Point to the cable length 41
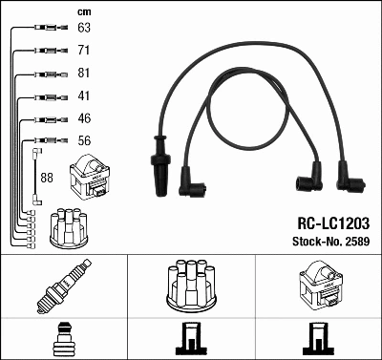(83, 96)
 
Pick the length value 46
(83, 119)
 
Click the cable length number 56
(83, 141)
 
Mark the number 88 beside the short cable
(46, 178)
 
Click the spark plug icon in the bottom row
(63, 289)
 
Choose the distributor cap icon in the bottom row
(190, 288)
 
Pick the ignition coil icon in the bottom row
(317, 287)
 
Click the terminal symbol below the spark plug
(63, 338)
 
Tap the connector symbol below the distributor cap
(190, 338)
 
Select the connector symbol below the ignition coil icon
(317, 338)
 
